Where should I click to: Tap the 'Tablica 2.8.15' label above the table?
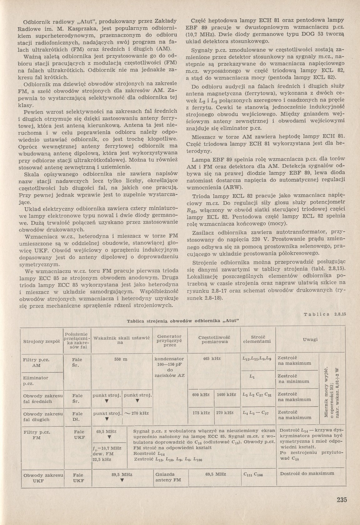(325, 315)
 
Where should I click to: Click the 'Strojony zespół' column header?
(41, 341)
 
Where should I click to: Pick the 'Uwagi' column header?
(310, 339)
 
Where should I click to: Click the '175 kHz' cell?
(201, 412)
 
